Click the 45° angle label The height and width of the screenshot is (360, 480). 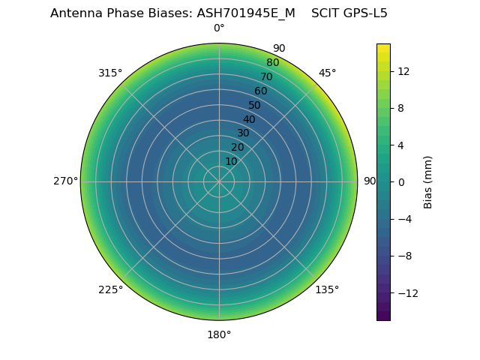327,73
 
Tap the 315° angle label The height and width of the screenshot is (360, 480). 110,73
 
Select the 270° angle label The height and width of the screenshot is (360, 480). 65,181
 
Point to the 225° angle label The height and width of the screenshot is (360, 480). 110,289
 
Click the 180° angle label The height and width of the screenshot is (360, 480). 219,334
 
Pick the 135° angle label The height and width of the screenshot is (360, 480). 327,289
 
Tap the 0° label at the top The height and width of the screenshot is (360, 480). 219,28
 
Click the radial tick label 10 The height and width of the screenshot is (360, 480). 231,161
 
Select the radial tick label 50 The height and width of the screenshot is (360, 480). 255,105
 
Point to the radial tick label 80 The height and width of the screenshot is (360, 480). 272,63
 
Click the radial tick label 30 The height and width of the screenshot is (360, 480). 243,133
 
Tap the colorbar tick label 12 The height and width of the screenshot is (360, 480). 403,70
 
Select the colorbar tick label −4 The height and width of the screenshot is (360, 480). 403,219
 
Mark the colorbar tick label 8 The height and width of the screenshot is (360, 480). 400,108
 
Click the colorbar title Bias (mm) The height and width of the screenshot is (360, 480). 428,181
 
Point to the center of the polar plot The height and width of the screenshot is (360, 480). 219,181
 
